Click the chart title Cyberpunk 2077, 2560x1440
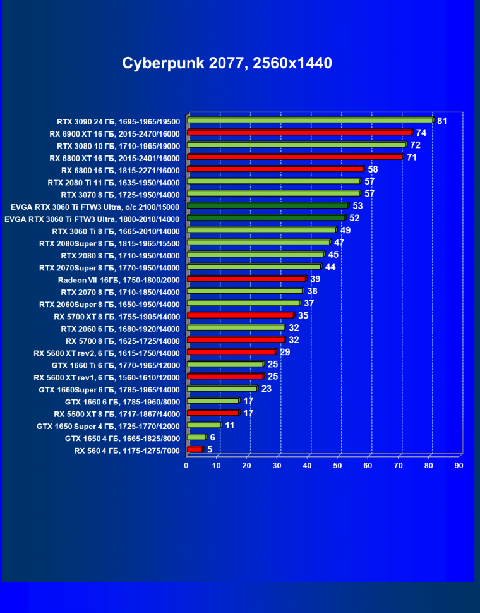pyautogui.click(x=227, y=63)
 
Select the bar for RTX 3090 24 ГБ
pyautogui.click(x=309, y=120)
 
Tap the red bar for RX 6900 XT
pyautogui.click(x=299, y=133)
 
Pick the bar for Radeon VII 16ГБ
pyautogui.click(x=246, y=279)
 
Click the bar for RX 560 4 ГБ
pyautogui.click(x=195, y=449)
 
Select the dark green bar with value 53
pyautogui.click(x=268, y=205)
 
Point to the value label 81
pyautogui.click(x=442, y=121)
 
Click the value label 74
pyautogui.click(x=421, y=133)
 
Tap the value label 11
pyautogui.click(x=230, y=425)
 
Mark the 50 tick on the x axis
pyautogui.click(x=338, y=466)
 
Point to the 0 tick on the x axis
pyautogui.click(x=186, y=466)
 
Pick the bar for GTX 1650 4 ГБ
pyautogui.click(x=196, y=437)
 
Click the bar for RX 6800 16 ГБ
pyautogui.click(x=275, y=169)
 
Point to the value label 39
pyautogui.click(x=315, y=279)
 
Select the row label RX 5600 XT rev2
pyautogui.click(x=107, y=353)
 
